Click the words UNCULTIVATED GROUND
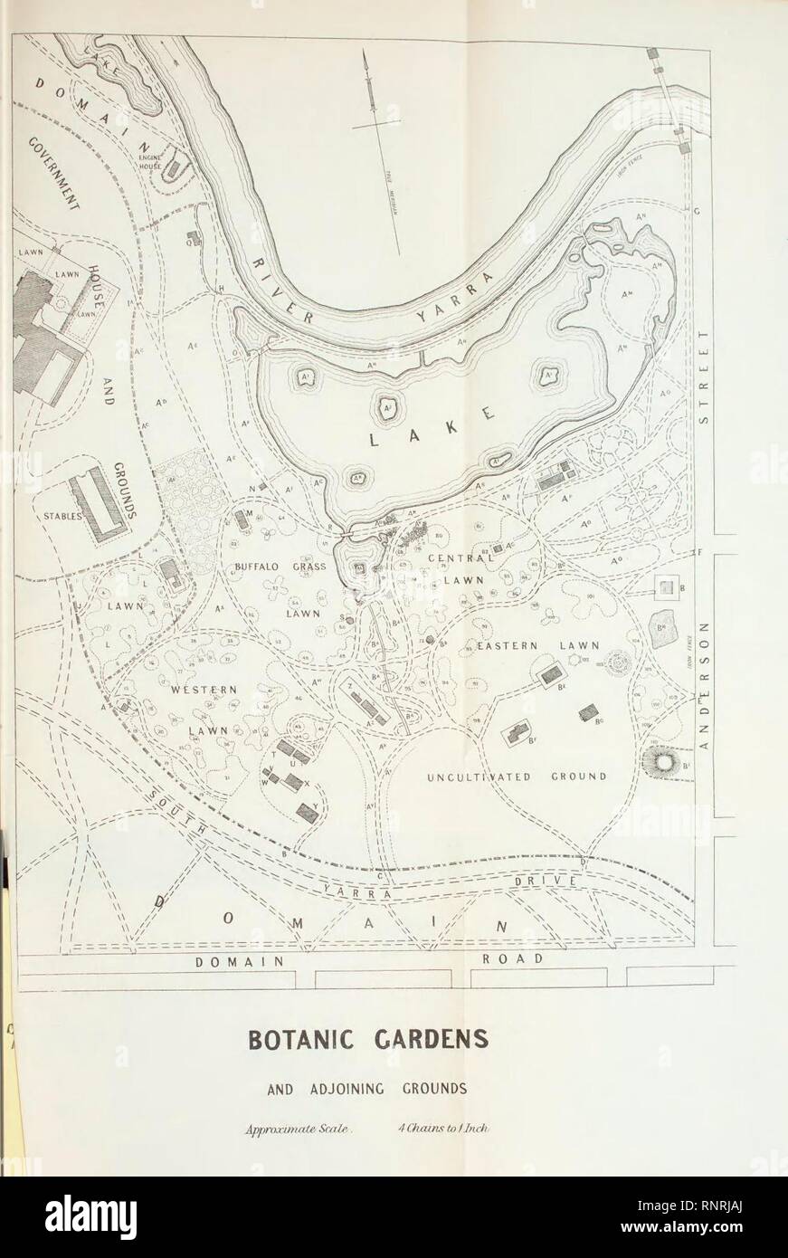click(517, 777)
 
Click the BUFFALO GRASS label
click(269, 567)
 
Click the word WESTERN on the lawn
click(204, 690)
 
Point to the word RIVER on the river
click(280, 288)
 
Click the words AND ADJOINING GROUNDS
click(393, 1089)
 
